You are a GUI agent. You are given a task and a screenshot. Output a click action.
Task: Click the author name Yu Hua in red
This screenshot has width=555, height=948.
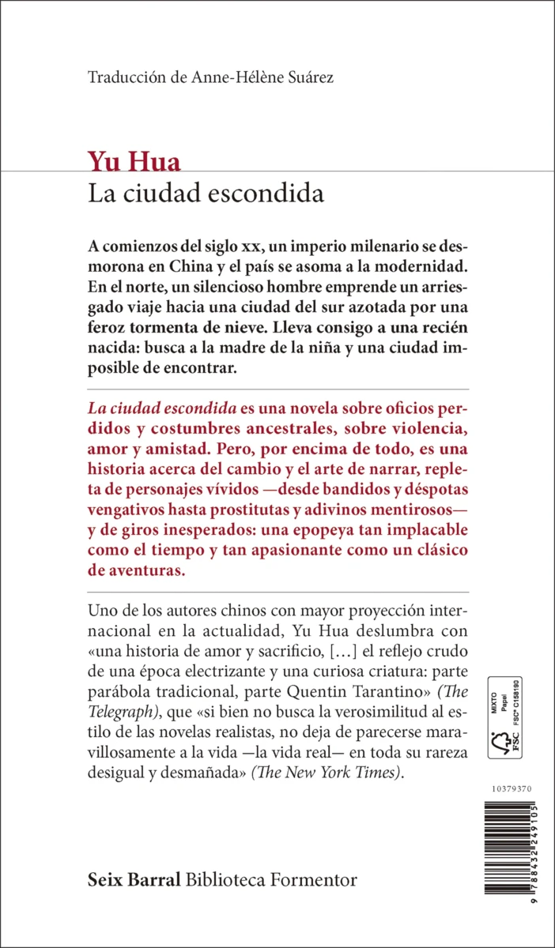[134, 163]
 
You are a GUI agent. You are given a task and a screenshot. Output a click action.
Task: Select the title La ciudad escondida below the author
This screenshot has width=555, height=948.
[206, 193]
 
